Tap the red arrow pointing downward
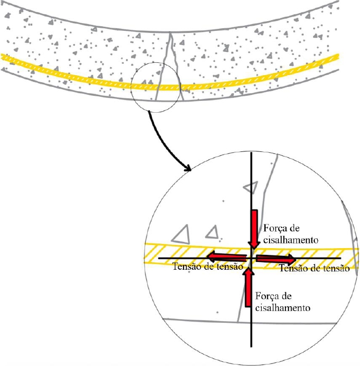point(254,230)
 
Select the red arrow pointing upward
point(248,288)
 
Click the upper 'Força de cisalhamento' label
point(291,234)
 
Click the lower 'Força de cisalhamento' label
point(282,302)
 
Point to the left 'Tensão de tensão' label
point(208,266)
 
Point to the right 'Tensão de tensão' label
point(314,268)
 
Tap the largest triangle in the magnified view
point(181,234)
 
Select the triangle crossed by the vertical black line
point(251,187)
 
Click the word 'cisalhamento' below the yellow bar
point(282,307)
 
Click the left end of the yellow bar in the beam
point(2,57)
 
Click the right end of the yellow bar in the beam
point(337,56)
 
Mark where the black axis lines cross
point(251,258)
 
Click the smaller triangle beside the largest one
point(212,232)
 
